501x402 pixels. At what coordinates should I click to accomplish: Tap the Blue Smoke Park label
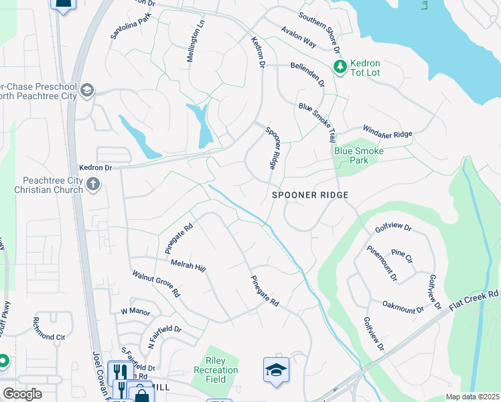click(359, 156)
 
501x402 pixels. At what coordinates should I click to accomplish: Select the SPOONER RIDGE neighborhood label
click(311, 195)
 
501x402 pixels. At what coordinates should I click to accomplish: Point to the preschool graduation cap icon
click(87, 90)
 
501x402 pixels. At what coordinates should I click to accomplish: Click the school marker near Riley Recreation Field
click(275, 371)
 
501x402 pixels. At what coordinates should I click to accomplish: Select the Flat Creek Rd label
click(474, 304)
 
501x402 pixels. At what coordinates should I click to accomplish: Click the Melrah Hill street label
click(188, 266)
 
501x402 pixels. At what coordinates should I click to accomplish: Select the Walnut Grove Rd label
click(156, 284)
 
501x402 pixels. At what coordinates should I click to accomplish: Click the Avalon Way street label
click(298, 38)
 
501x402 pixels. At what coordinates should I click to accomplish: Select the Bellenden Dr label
click(307, 74)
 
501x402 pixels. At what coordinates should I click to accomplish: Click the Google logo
click(22, 394)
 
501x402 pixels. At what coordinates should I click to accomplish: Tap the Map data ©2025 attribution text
click(472, 397)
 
